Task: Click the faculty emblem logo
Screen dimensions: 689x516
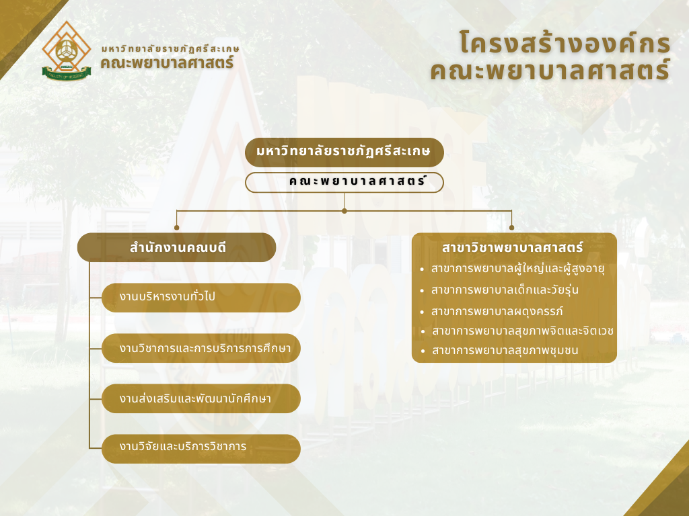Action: (x=67, y=51)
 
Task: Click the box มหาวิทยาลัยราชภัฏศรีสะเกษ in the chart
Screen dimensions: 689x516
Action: (x=344, y=153)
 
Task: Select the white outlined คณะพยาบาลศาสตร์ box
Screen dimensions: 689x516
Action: (x=344, y=183)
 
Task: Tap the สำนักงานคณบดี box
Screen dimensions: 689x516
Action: (x=177, y=247)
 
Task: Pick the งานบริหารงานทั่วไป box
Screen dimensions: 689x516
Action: (x=201, y=298)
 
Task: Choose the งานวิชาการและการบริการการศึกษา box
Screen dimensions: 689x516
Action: (x=201, y=348)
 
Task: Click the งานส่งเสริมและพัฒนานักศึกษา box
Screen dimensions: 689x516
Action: (x=201, y=398)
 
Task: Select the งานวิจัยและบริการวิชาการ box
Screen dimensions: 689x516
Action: (x=201, y=449)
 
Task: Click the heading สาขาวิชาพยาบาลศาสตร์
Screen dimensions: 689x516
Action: (x=512, y=247)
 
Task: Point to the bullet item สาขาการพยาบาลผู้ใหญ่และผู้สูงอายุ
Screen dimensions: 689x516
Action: (x=517, y=269)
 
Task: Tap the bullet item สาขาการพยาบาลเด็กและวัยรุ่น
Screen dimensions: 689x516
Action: (x=505, y=290)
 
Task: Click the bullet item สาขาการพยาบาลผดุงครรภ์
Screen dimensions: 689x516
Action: (x=497, y=312)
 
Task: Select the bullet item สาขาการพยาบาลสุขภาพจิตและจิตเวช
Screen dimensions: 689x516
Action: (x=522, y=331)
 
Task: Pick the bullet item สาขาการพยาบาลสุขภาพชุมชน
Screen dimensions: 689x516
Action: (x=505, y=351)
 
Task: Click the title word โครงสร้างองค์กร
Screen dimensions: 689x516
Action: (x=565, y=43)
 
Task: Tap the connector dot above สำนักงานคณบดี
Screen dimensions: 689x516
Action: (x=177, y=228)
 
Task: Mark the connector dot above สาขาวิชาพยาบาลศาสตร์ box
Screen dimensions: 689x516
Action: (x=511, y=228)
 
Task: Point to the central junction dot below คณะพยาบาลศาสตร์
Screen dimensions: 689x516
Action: (x=344, y=211)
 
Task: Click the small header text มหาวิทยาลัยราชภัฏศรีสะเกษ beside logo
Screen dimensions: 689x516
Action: (x=170, y=48)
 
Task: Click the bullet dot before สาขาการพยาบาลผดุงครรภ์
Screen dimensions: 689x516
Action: (x=423, y=312)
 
